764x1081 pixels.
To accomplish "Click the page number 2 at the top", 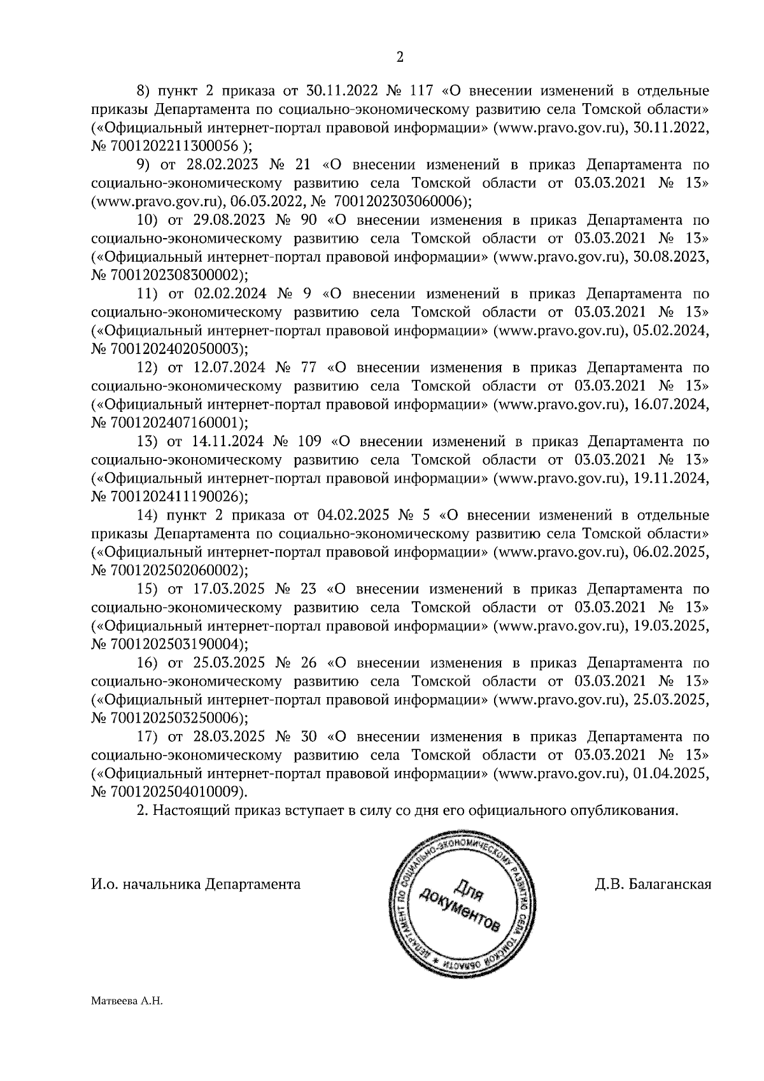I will pyautogui.click(x=400, y=57).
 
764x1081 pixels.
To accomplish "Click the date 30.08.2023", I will pyautogui.click(x=672, y=257).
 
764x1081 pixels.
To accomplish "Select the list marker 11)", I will pyautogui.click(x=147, y=294).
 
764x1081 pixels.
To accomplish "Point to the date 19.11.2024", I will pyautogui.click(x=672, y=479).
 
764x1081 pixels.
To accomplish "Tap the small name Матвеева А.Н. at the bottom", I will pyautogui.click(x=128, y=1001).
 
